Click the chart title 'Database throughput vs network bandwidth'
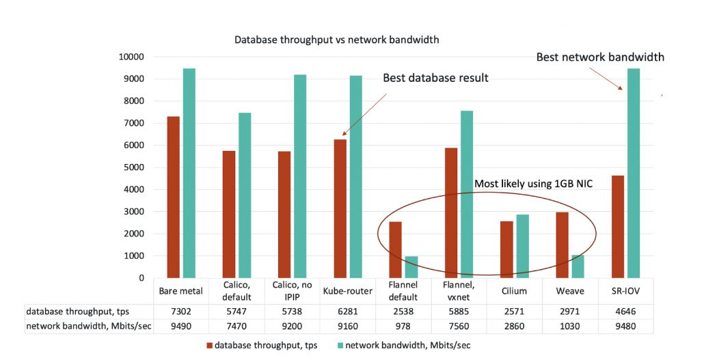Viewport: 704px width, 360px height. point(336,40)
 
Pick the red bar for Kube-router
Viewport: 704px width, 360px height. point(340,208)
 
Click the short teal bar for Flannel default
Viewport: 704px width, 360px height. point(411,267)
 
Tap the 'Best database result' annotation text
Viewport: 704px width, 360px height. point(435,78)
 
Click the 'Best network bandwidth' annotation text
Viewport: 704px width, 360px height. point(600,57)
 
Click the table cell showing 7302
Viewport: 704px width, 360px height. point(180,311)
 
